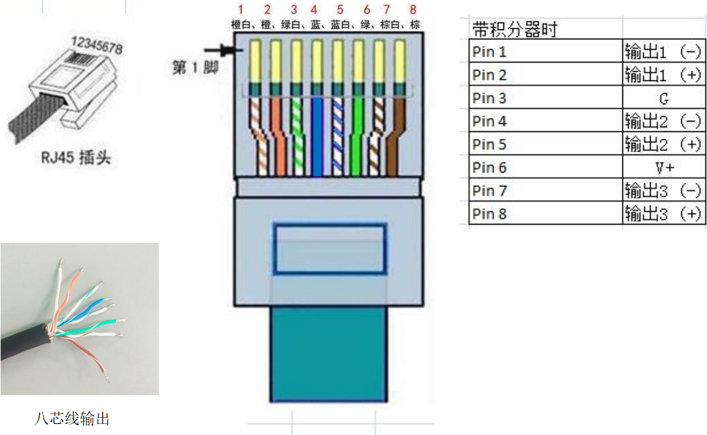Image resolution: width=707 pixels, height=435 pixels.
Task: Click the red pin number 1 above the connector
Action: [x=241, y=9]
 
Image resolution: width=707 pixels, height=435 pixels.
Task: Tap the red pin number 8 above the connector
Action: [x=413, y=9]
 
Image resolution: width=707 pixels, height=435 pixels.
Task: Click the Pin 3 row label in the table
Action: [x=489, y=98]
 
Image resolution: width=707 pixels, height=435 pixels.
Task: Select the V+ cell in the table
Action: [x=665, y=168]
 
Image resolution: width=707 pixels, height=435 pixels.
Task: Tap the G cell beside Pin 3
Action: [x=663, y=98]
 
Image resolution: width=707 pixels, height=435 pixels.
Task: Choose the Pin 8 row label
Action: [x=489, y=214]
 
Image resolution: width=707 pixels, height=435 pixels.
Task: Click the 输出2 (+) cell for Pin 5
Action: [x=663, y=144]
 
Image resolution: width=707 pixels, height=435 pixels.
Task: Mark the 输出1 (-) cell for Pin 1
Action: [x=663, y=52]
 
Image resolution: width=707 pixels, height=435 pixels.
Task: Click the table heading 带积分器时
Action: [x=515, y=30]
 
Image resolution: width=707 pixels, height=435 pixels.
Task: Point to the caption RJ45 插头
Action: [x=76, y=158]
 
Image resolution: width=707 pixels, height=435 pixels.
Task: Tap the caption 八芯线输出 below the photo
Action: [x=72, y=418]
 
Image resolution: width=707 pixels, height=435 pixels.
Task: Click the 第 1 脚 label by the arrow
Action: [x=196, y=67]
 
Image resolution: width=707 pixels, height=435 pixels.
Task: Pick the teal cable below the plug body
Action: [x=329, y=354]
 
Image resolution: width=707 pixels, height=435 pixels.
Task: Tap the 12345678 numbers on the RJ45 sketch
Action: [x=97, y=45]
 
